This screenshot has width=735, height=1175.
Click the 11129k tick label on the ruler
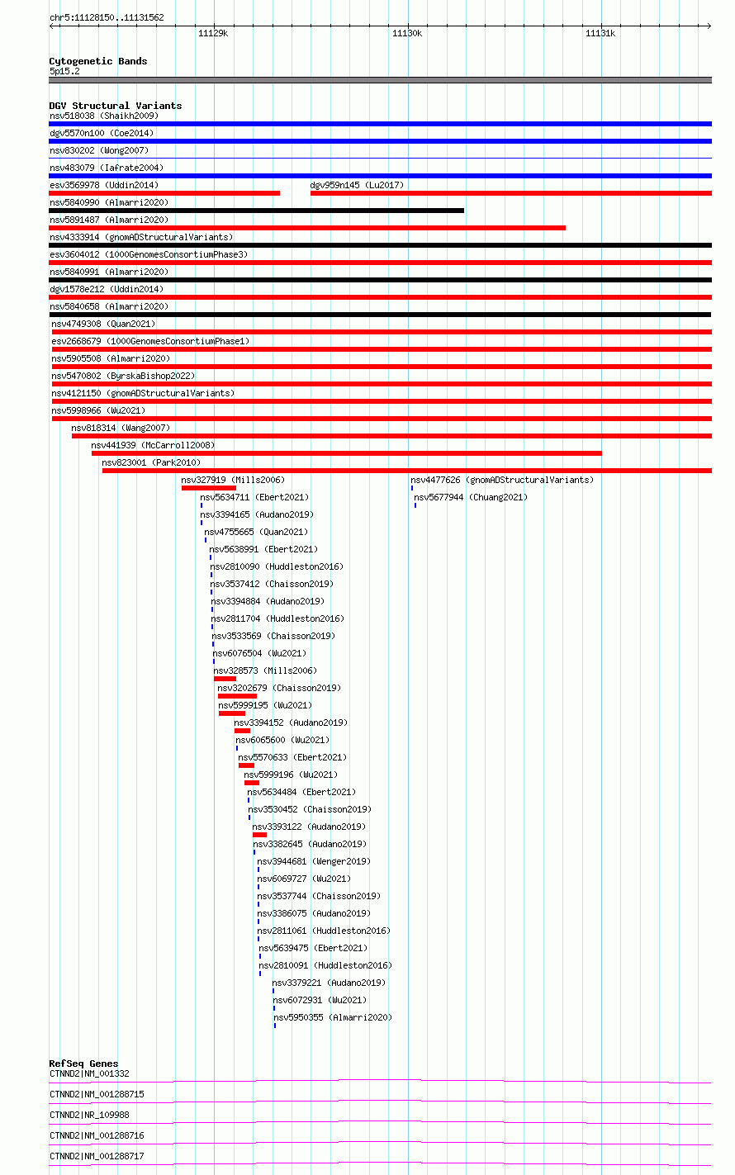pos(213,34)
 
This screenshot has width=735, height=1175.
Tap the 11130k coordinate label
pos(407,34)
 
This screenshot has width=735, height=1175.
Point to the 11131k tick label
pos(600,34)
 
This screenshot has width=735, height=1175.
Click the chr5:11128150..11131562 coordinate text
pos(107,18)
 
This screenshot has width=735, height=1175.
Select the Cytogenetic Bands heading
pos(98,61)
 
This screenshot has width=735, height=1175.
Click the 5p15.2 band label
pos(64,71)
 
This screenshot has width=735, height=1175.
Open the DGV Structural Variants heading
pos(116,106)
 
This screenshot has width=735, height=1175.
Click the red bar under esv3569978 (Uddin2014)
pos(164,193)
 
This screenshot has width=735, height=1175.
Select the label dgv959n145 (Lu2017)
pos(357,185)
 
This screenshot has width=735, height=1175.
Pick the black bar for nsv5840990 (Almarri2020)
pos(257,211)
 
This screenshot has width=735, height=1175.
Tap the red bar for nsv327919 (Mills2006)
pos(209,488)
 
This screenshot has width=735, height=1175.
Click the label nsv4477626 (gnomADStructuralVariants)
pos(502,480)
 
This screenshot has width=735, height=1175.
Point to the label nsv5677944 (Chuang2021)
pos(471,497)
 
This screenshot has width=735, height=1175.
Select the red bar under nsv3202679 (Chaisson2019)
pos(237,696)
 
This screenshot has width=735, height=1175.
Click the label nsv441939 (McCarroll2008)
pos(153,445)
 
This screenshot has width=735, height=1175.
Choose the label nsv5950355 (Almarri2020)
pos(333,1017)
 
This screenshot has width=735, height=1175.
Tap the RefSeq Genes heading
pos(83,1064)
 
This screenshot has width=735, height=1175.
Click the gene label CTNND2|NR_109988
pos(89,1116)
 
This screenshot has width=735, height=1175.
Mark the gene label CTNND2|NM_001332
pos(89,1073)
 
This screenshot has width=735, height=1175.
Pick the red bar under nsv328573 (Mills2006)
pos(225,679)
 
